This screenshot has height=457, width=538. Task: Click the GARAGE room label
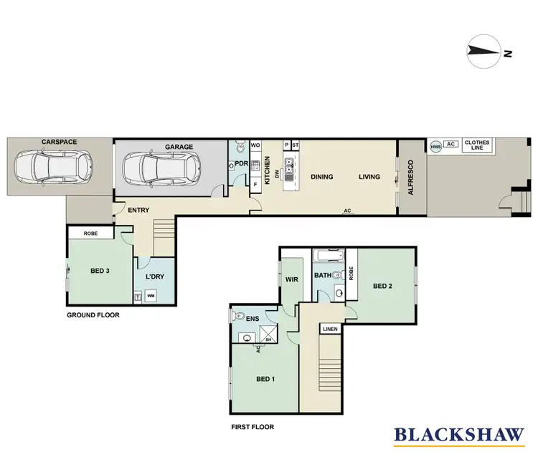point(179,147)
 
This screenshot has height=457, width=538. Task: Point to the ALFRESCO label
point(411,178)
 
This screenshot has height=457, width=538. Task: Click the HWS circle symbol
point(435,146)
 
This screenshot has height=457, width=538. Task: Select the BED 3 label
point(99,271)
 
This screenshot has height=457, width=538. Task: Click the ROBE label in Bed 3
point(90,234)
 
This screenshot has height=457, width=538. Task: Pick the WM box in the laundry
point(151,295)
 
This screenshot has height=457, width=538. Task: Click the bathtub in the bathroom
point(329,256)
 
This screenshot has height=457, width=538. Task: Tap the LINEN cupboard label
point(329,329)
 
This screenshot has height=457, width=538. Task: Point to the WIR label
point(291,279)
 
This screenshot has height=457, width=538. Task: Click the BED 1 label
point(264,380)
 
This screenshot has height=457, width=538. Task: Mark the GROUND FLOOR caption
point(93,314)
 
